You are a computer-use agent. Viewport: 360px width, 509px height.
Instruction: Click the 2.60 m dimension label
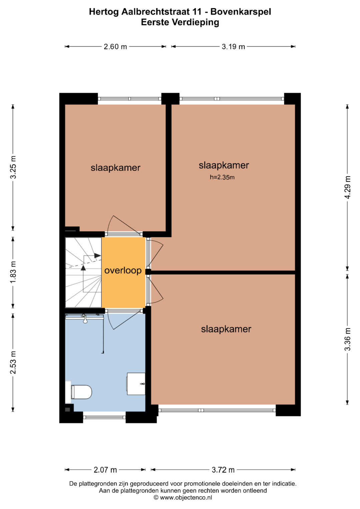point(115,47)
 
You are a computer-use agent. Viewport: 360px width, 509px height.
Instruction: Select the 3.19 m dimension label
point(233,47)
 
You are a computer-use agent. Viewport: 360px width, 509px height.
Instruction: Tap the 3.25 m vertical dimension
point(13,167)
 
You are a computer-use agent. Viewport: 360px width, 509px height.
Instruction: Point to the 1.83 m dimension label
point(13,272)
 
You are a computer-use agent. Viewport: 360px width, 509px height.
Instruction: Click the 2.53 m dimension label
point(13,362)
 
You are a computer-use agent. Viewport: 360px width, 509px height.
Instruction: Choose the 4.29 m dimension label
point(348,187)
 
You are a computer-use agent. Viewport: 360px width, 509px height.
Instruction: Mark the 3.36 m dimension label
point(348,339)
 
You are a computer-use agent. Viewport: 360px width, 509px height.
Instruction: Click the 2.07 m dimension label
point(105,470)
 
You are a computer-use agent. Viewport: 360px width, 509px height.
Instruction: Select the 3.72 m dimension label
point(223,470)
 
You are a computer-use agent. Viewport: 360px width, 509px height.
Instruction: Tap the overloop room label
point(123,271)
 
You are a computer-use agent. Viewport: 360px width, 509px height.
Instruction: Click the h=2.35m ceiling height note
point(222,177)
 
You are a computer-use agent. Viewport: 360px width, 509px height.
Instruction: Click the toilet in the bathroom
point(80,392)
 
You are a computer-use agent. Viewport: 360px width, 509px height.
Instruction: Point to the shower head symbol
point(85,319)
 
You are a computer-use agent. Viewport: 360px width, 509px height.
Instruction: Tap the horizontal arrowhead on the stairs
point(97,255)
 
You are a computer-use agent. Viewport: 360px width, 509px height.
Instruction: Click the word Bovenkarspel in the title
point(241,12)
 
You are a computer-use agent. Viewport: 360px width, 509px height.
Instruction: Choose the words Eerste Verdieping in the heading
point(180,22)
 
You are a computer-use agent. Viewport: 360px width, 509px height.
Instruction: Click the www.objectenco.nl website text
point(186,498)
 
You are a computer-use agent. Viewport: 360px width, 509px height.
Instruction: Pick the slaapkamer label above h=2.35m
point(224,165)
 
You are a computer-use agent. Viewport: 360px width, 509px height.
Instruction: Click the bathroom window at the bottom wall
point(104,417)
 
